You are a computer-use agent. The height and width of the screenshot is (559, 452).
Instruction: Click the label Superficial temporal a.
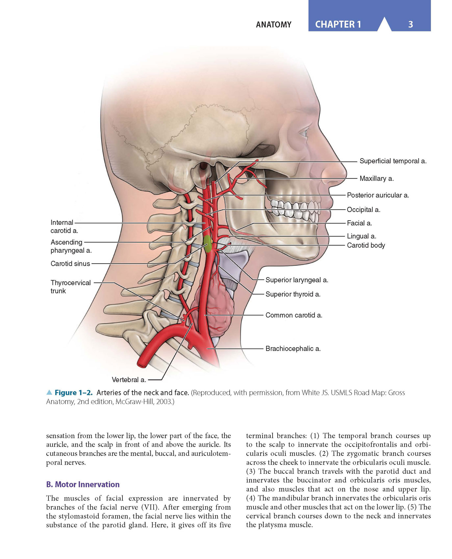pyautogui.click(x=393, y=161)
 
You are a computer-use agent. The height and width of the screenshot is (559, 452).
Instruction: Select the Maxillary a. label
pyautogui.click(x=376, y=179)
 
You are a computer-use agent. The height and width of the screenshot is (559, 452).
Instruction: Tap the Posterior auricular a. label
pyautogui.click(x=378, y=195)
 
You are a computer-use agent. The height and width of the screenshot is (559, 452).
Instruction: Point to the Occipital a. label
pyautogui.click(x=364, y=210)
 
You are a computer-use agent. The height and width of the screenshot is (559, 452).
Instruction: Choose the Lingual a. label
pyautogui.click(x=362, y=236)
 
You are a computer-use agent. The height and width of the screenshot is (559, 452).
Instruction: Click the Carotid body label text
pyautogui.click(x=366, y=245)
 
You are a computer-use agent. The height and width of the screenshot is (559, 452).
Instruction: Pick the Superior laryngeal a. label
pyautogui.click(x=297, y=280)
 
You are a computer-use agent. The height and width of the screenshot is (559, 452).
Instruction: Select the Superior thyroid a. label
pyautogui.click(x=293, y=294)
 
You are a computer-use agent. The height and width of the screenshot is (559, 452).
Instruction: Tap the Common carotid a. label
pyautogui.click(x=294, y=315)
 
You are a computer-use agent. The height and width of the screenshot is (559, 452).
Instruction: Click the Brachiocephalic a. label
pyautogui.click(x=293, y=349)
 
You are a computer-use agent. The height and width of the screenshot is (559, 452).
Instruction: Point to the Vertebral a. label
pyautogui.click(x=129, y=380)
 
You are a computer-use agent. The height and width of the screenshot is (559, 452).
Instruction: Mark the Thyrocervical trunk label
pyautogui.click(x=70, y=287)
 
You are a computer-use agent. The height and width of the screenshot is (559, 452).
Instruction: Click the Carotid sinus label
pyautogui.click(x=70, y=264)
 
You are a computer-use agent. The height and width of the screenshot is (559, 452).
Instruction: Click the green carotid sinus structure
pyautogui.click(x=207, y=244)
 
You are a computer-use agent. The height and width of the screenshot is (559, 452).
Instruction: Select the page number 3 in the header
pyautogui.click(x=410, y=24)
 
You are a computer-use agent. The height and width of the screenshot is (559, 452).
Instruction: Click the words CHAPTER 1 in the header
pyautogui.click(x=338, y=24)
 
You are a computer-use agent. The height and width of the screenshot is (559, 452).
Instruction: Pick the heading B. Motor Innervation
pyautogui.click(x=83, y=484)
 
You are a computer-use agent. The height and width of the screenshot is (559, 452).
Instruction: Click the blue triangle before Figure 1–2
pyautogui.click(x=49, y=392)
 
